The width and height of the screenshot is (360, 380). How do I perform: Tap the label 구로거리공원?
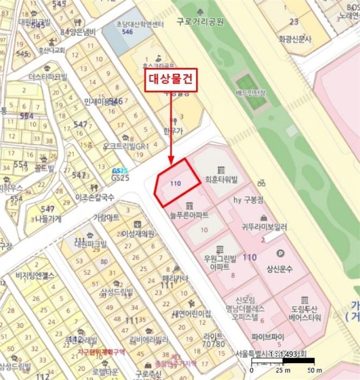pyautogui.click(x=200, y=22)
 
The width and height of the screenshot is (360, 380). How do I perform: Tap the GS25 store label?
pyautogui.click(x=119, y=178)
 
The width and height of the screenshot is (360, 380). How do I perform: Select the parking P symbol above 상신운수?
pyautogui.click(x=281, y=253)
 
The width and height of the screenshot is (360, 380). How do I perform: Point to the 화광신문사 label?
pyautogui.click(x=295, y=39)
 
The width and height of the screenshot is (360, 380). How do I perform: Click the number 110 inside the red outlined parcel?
pyautogui.click(x=175, y=184)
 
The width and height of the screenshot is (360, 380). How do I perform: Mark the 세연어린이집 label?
pyautogui.click(x=191, y=314)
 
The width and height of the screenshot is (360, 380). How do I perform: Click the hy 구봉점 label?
pyautogui.click(x=248, y=200)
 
